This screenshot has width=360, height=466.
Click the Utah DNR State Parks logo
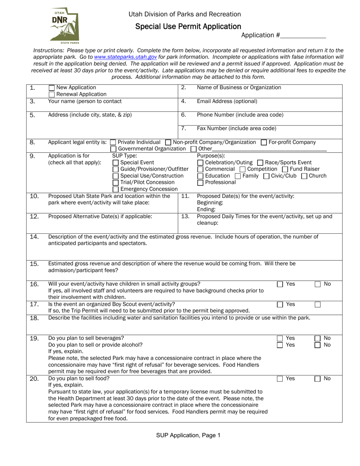(x=64, y=25)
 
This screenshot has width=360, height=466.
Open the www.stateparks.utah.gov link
(x=125, y=57)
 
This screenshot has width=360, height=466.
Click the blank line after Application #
(x=303, y=36)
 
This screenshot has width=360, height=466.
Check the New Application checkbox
(x=52, y=88)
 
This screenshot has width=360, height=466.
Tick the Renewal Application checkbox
(x=52, y=94)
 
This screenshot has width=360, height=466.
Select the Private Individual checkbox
(x=113, y=142)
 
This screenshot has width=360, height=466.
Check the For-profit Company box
(x=264, y=142)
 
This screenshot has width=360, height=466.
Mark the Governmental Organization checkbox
(x=113, y=149)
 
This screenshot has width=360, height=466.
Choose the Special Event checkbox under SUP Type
(x=116, y=163)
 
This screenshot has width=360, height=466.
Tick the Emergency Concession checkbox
(x=116, y=189)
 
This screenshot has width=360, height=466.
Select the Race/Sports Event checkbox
(x=260, y=163)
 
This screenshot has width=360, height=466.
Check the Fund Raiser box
(x=285, y=169)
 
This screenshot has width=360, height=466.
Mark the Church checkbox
(x=304, y=176)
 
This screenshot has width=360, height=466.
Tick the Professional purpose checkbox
(x=200, y=183)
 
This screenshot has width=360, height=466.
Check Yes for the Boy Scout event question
(x=280, y=305)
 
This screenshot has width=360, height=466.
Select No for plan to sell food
(x=318, y=379)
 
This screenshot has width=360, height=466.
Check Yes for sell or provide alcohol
(x=280, y=345)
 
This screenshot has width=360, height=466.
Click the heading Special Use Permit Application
(x=188, y=27)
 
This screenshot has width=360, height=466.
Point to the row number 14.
(x=34, y=237)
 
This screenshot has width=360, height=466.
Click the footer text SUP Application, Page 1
(x=188, y=436)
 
